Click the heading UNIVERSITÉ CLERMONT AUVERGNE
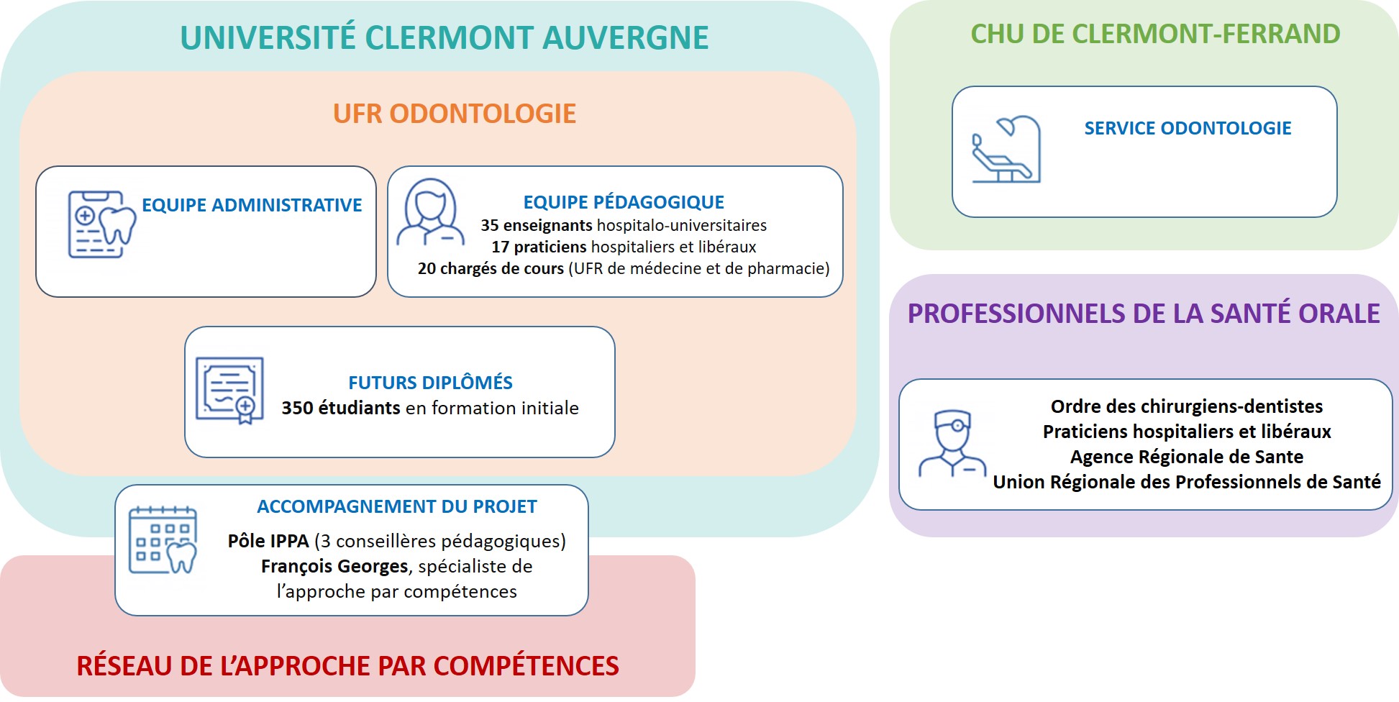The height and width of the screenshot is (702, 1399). pyautogui.click(x=444, y=37)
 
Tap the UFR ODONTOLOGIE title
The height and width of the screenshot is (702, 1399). pyautogui.click(x=455, y=114)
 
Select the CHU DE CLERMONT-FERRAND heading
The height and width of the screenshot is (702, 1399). pyautogui.click(x=1155, y=34)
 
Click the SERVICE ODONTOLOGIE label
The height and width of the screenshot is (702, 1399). pyautogui.click(x=1188, y=128)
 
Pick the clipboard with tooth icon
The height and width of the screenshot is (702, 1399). pyautogui.click(x=101, y=224)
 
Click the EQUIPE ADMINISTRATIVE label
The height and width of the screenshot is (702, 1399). pyautogui.click(x=252, y=205)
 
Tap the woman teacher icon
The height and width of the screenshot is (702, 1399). pyautogui.click(x=430, y=213)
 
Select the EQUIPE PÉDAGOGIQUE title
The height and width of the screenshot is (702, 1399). pyautogui.click(x=624, y=202)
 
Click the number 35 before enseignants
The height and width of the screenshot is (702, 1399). pyautogui.click(x=490, y=225)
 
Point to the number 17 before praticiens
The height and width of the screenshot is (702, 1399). pyautogui.click(x=501, y=247)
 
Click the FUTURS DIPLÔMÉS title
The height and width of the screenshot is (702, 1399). pyautogui.click(x=430, y=382)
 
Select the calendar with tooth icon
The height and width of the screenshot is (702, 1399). pyautogui.click(x=163, y=539)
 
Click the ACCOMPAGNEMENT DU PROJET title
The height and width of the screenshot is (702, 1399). pyautogui.click(x=397, y=506)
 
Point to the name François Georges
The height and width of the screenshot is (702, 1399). pyautogui.click(x=334, y=566)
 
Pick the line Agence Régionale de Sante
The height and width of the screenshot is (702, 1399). pyautogui.click(x=1187, y=457)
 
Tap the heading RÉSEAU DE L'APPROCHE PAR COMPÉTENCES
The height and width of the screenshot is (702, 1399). pyautogui.click(x=347, y=666)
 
